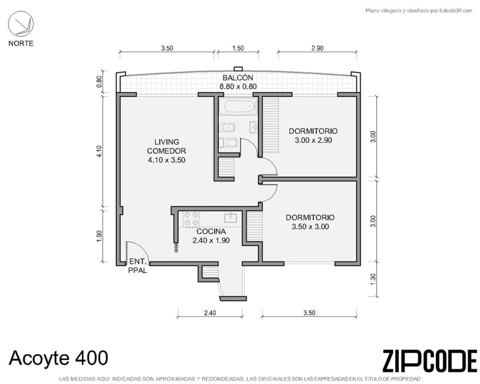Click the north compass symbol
[x=21, y=24]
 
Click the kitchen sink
[x=230, y=217]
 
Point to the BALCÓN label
[x=238, y=77]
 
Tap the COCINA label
[x=211, y=232]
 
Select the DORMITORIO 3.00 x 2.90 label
[x=313, y=136]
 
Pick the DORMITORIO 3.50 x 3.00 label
[x=310, y=222]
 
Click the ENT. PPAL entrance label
[x=137, y=266]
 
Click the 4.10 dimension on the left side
[x=99, y=151]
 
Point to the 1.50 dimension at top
[x=238, y=48]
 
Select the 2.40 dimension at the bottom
[x=210, y=313]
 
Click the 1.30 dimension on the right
[x=372, y=279]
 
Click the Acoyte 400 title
[x=58, y=358]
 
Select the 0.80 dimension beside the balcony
[x=99, y=81]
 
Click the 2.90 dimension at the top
[x=317, y=48]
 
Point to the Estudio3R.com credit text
[x=419, y=11]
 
